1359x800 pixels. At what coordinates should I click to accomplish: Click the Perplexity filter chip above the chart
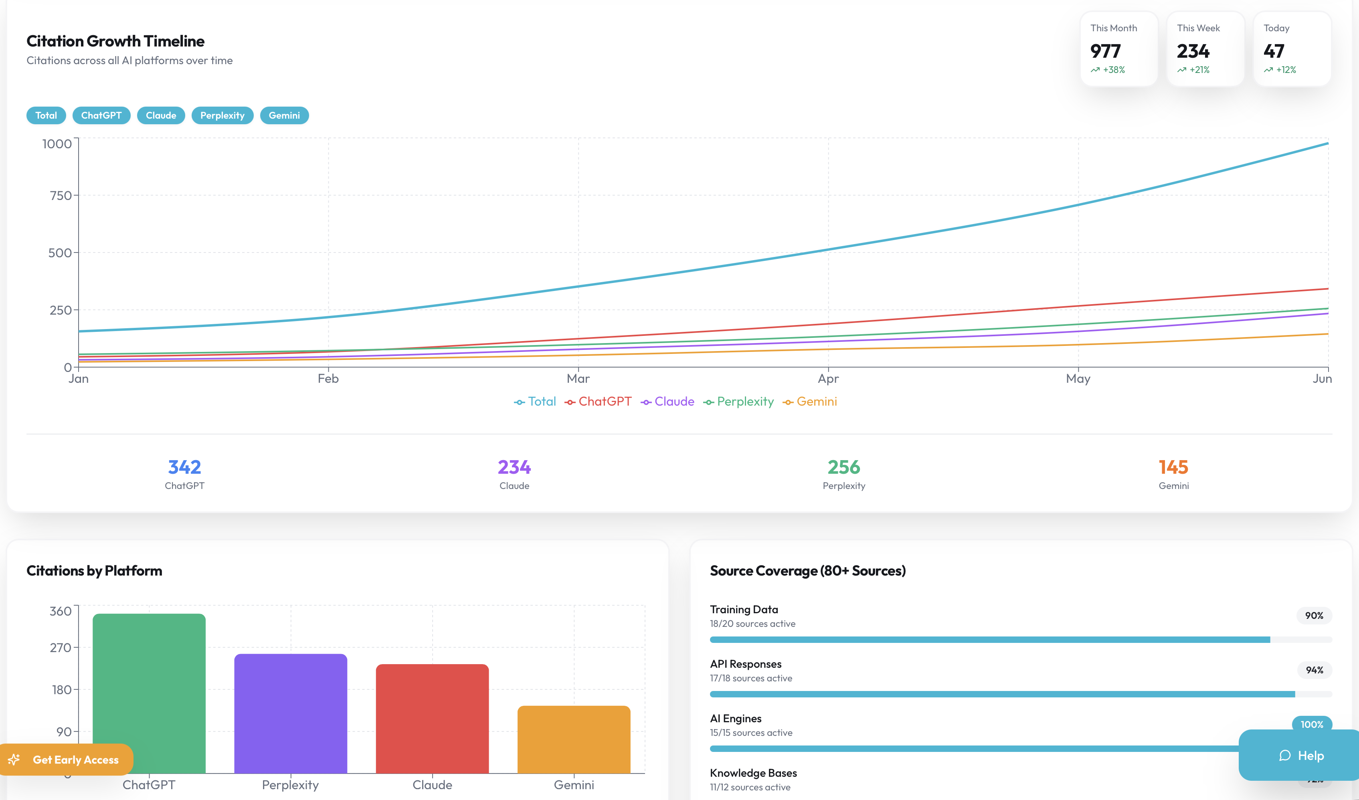[x=222, y=115]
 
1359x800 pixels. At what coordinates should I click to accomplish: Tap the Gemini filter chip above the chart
[x=284, y=115]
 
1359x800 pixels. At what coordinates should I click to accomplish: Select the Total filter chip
[x=46, y=115]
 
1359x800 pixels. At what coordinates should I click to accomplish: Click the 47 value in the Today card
[x=1273, y=51]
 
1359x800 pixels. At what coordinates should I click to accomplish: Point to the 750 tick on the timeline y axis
[x=61, y=196]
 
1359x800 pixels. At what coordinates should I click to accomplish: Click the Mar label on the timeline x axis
[x=578, y=378]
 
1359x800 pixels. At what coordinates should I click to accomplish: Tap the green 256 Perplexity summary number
[x=843, y=467]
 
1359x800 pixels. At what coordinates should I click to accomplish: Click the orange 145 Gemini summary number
[x=1173, y=467]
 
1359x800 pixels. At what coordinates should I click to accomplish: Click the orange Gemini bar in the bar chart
[x=573, y=739]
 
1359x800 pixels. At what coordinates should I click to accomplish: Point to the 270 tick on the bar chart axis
[x=61, y=647]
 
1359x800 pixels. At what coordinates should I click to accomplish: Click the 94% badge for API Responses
[x=1314, y=670]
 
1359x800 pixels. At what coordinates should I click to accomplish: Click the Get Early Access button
[x=67, y=760]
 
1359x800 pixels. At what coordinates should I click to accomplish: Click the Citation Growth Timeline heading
[x=115, y=41]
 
